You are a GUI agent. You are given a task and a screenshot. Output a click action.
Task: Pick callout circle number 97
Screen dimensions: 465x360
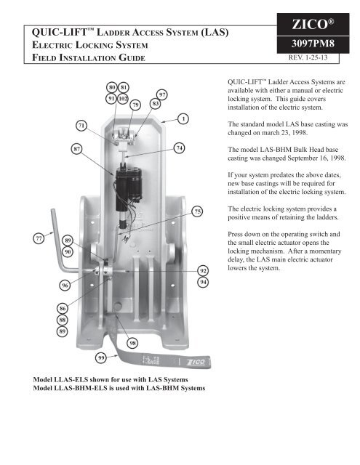pyautogui.click(x=163, y=94)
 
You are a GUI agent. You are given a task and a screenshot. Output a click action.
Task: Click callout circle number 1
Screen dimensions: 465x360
pyautogui.click(x=184, y=118)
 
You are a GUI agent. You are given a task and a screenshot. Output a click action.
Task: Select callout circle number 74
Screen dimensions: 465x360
pyautogui.click(x=180, y=148)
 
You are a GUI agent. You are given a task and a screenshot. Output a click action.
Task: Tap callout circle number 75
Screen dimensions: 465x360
pyautogui.click(x=196, y=211)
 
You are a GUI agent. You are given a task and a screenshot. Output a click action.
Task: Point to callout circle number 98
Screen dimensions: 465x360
pyautogui.click(x=133, y=342)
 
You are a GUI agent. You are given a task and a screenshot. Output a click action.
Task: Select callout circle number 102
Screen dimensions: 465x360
pyautogui.click(x=124, y=98)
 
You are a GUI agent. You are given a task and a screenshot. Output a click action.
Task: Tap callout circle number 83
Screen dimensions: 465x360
pyautogui.click(x=155, y=104)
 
